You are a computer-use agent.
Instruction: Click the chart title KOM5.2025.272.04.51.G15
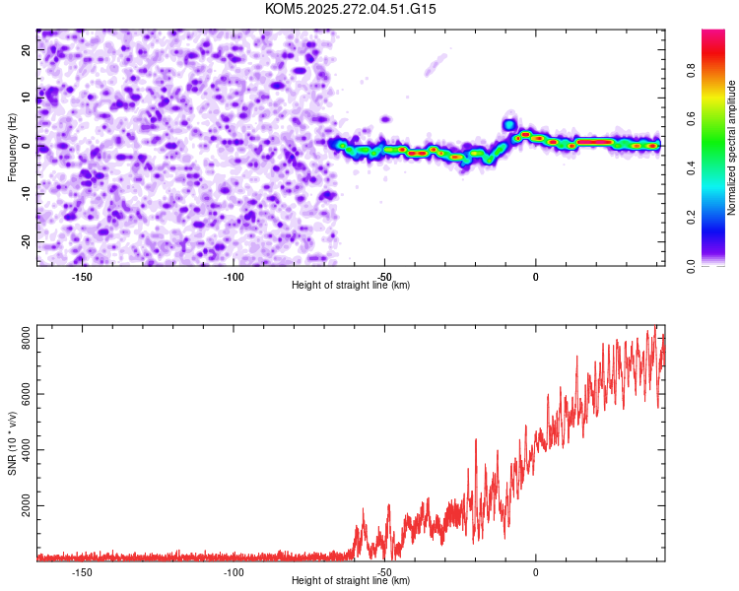point(351,9)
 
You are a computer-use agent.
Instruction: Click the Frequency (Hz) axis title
point(12,148)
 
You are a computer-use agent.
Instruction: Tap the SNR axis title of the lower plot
point(12,443)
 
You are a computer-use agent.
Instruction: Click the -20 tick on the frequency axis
point(25,241)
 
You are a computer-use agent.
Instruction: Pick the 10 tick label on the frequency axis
point(27,98)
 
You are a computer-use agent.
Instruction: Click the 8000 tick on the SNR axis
point(21,339)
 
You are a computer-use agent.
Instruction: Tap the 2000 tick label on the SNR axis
point(21,506)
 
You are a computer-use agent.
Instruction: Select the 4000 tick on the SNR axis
point(21,450)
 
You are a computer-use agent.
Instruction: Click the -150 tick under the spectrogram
point(82,277)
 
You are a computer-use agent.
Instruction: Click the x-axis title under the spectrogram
point(351,286)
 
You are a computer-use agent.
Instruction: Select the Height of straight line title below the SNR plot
point(351,581)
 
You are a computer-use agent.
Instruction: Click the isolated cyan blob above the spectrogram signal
point(509,125)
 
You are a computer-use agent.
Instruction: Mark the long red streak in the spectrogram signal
point(595,142)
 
